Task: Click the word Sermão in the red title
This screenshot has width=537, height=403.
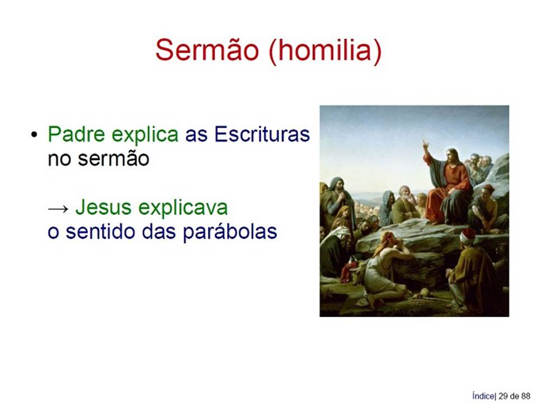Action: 207,50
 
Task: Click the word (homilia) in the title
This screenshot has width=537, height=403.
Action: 325,51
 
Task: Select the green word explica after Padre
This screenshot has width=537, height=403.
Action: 145,134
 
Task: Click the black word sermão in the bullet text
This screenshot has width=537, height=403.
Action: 114,158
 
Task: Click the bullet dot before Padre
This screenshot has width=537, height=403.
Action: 34,135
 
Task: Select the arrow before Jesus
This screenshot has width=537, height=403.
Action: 58,208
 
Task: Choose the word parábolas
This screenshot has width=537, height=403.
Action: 230,232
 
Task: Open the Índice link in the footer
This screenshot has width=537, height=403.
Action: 483,396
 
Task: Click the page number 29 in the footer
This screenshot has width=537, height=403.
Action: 503,396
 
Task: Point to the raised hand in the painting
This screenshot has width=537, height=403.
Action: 426,146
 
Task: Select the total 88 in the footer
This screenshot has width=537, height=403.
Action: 526,396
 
